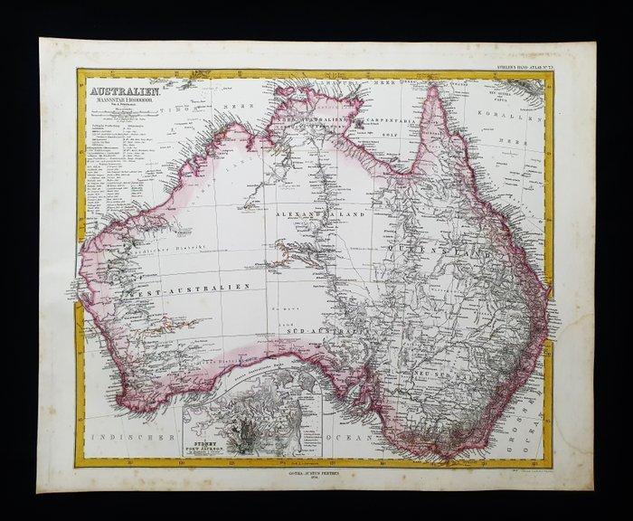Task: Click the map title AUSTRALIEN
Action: pyautogui.click(x=120, y=91)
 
